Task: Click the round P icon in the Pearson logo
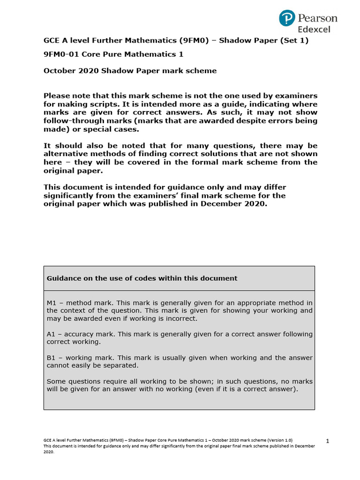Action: (287, 18)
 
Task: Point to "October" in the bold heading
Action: (59, 71)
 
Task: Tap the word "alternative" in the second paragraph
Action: (66, 154)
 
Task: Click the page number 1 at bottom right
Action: (328, 441)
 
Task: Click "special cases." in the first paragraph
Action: (115, 129)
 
